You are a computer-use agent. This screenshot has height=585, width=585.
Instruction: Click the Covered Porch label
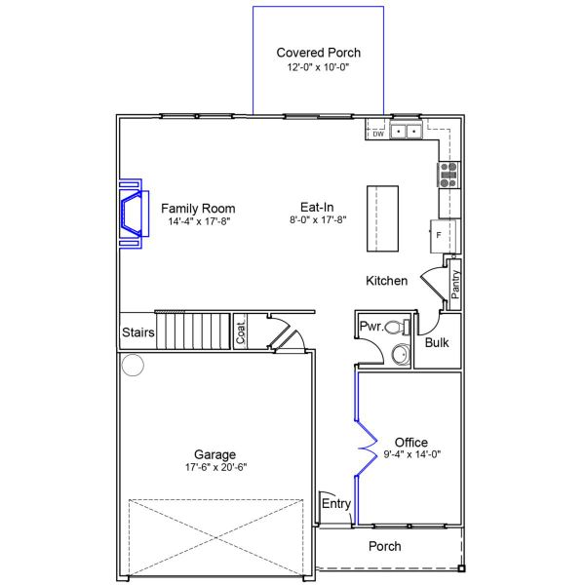[x=318, y=54]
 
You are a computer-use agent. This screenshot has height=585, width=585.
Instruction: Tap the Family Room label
[x=198, y=209]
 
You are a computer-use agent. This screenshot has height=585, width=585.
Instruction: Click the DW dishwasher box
[x=378, y=135]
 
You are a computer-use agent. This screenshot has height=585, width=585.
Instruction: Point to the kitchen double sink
[x=406, y=131]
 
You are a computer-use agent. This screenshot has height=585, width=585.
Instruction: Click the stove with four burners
[x=448, y=174]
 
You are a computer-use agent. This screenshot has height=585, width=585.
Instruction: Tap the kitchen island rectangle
[x=382, y=216]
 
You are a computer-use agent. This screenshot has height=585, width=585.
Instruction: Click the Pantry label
[x=455, y=285]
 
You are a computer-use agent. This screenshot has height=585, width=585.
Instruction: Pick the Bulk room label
[x=437, y=343]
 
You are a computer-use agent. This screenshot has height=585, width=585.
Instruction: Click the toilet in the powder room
[x=395, y=327]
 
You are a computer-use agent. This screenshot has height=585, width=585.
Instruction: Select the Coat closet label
[x=241, y=331]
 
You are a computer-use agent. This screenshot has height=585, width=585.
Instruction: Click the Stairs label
[x=138, y=332]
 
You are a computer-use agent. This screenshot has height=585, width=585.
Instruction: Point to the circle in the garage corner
[x=133, y=366]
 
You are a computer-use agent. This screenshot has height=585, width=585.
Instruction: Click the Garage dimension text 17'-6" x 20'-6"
[x=214, y=467]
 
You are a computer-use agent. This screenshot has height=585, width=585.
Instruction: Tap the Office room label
[x=410, y=443]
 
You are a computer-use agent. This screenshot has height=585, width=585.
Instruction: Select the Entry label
[x=336, y=503]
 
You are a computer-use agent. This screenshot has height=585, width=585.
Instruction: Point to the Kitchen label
[x=386, y=281]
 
